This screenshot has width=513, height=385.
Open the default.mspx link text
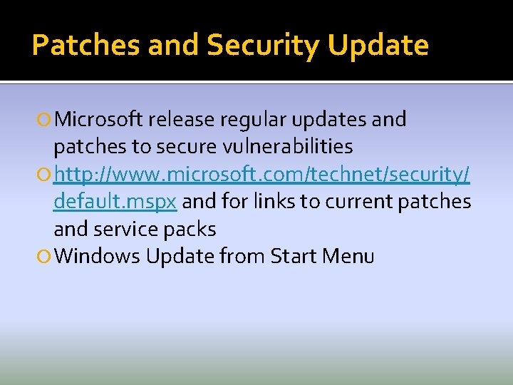point(115,202)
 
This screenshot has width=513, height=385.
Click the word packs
point(191,229)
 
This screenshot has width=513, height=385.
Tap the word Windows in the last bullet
point(96,256)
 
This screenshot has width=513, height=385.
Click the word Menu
point(348,256)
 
